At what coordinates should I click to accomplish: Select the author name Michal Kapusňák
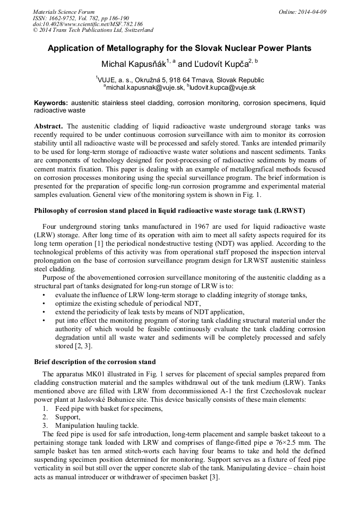click(x=133, y=64)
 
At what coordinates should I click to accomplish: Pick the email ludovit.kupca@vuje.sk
click(x=223, y=87)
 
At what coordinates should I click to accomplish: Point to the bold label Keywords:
click(x=51, y=102)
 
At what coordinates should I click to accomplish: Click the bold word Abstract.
click(x=48, y=126)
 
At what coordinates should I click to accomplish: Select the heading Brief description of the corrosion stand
click(x=95, y=362)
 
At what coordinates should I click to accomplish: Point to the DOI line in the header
click(x=88, y=24)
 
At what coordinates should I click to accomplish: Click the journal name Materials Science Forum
click(x=64, y=12)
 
